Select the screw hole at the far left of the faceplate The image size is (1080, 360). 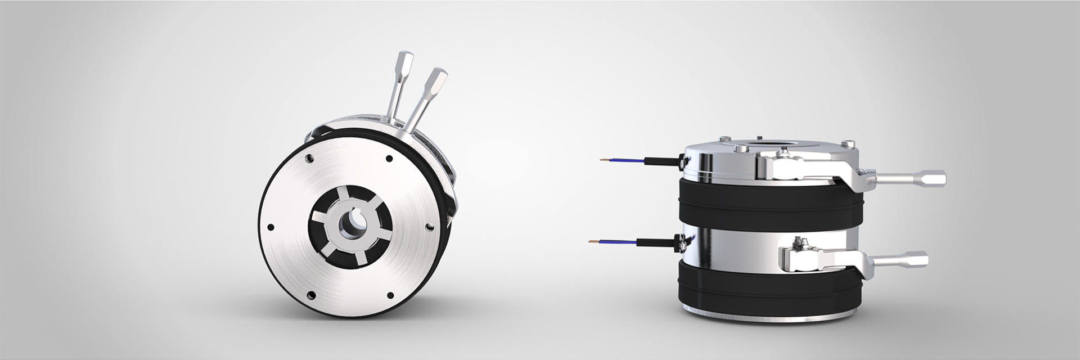click(271, 227)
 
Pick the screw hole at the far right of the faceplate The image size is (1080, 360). click(430, 226)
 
